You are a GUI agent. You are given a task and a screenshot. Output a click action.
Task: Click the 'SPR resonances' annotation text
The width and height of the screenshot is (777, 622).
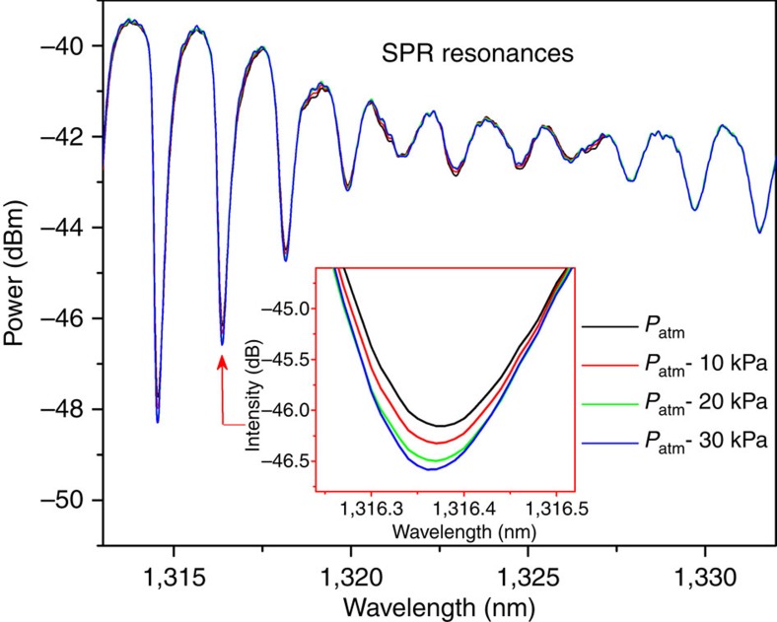point(478,55)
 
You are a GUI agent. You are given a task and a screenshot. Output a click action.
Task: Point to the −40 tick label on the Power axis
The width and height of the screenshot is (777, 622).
point(70,45)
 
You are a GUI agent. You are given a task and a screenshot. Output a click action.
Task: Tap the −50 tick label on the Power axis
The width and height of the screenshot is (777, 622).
point(70,501)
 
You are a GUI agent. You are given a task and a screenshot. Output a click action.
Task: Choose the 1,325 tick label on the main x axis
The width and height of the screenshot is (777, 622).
point(528,573)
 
